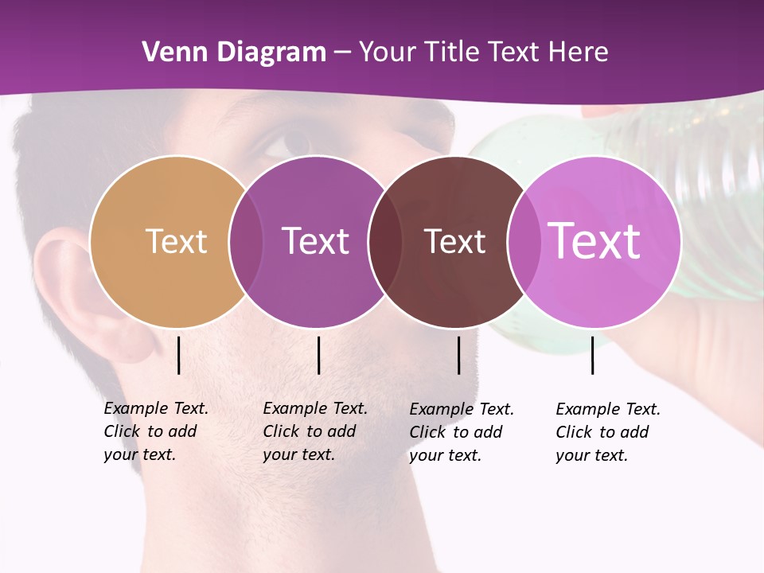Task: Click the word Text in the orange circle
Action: pos(176,241)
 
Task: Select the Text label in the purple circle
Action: pos(315,241)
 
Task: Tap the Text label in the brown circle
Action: pos(454,241)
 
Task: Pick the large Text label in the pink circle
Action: pos(594,240)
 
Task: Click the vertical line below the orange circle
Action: pos(178,355)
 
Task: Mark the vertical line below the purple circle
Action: pos(318,355)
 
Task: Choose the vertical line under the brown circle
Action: pos(458,355)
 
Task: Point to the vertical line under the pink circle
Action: pos(592,355)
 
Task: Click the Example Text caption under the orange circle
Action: pos(155,431)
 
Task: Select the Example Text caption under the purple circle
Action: pos(314,431)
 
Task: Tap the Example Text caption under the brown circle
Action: pos(461,432)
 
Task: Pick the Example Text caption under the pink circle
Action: pos(607,432)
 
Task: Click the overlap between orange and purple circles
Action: pos(246,241)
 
